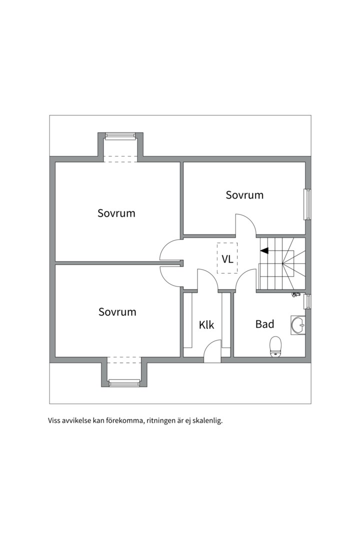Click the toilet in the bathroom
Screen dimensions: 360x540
pos(275,347)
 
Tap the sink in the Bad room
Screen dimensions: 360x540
pos(298,325)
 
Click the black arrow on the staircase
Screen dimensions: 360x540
pos(264,250)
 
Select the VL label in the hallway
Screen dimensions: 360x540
pos(227,259)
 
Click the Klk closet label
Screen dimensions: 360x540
pos(206,325)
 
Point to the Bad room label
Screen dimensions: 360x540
pos(264,324)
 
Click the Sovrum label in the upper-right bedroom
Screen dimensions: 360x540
pos(244,195)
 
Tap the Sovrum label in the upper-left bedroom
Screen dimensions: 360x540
pos(116,213)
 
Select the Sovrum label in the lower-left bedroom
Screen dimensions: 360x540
pos(117,311)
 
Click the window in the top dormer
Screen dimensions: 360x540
pos(120,135)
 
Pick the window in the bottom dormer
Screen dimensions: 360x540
pos(124,383)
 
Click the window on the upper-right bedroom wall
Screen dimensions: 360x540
pos(307,204)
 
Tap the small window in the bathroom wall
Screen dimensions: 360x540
pos(307,301)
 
